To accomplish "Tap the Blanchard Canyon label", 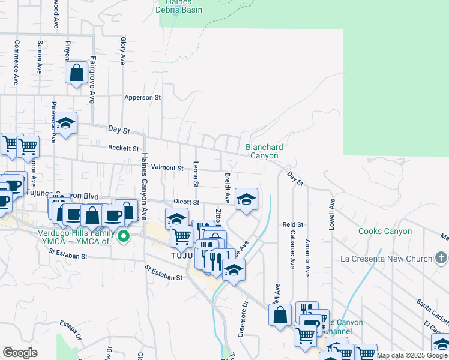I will (264, 151).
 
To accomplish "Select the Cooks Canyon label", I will (385, 231).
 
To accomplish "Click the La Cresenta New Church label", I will (386, 259).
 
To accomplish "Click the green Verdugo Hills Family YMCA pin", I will (124, 236).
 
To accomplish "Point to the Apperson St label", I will (143, 97).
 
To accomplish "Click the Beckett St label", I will (124, 148).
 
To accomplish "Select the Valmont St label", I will (167, 168).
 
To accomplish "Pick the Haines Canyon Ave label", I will (144, 186).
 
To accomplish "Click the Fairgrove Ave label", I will (92, 80).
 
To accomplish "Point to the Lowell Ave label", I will (331, 215).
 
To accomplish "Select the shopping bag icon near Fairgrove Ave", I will (77, 74).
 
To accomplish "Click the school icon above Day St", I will (66, 123).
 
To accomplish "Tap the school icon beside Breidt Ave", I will (246, 199).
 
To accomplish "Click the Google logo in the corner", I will (20, 352).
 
